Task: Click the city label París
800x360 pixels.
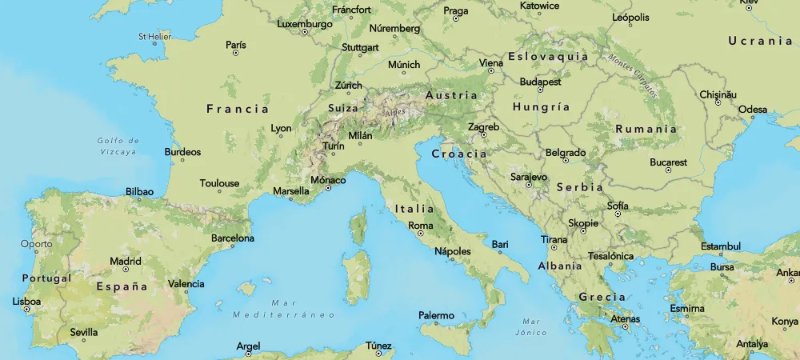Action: point(235,45)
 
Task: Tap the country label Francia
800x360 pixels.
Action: point(238,109)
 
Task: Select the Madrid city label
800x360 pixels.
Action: point(125,261)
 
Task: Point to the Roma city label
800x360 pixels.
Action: point(420,226)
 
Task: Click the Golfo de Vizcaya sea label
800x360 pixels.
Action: point(118,145)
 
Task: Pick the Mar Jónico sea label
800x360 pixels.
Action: point(530,326)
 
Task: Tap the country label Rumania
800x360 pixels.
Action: point(646,129)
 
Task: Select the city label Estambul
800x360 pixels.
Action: point(720,246)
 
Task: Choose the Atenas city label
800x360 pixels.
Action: point(625,318)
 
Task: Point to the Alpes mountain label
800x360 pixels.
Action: point(394,114)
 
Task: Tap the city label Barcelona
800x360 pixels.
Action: point(232,238)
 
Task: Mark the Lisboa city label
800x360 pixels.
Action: point(26,302)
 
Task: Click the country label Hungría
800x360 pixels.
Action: point(541,107)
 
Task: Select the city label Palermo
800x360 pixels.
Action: point(436,315)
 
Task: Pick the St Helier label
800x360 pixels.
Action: point(154,36)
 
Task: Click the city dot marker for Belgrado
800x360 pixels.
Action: point(566,160)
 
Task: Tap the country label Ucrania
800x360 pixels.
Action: point(759,41)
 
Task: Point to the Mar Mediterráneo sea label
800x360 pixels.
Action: point(284,309)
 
